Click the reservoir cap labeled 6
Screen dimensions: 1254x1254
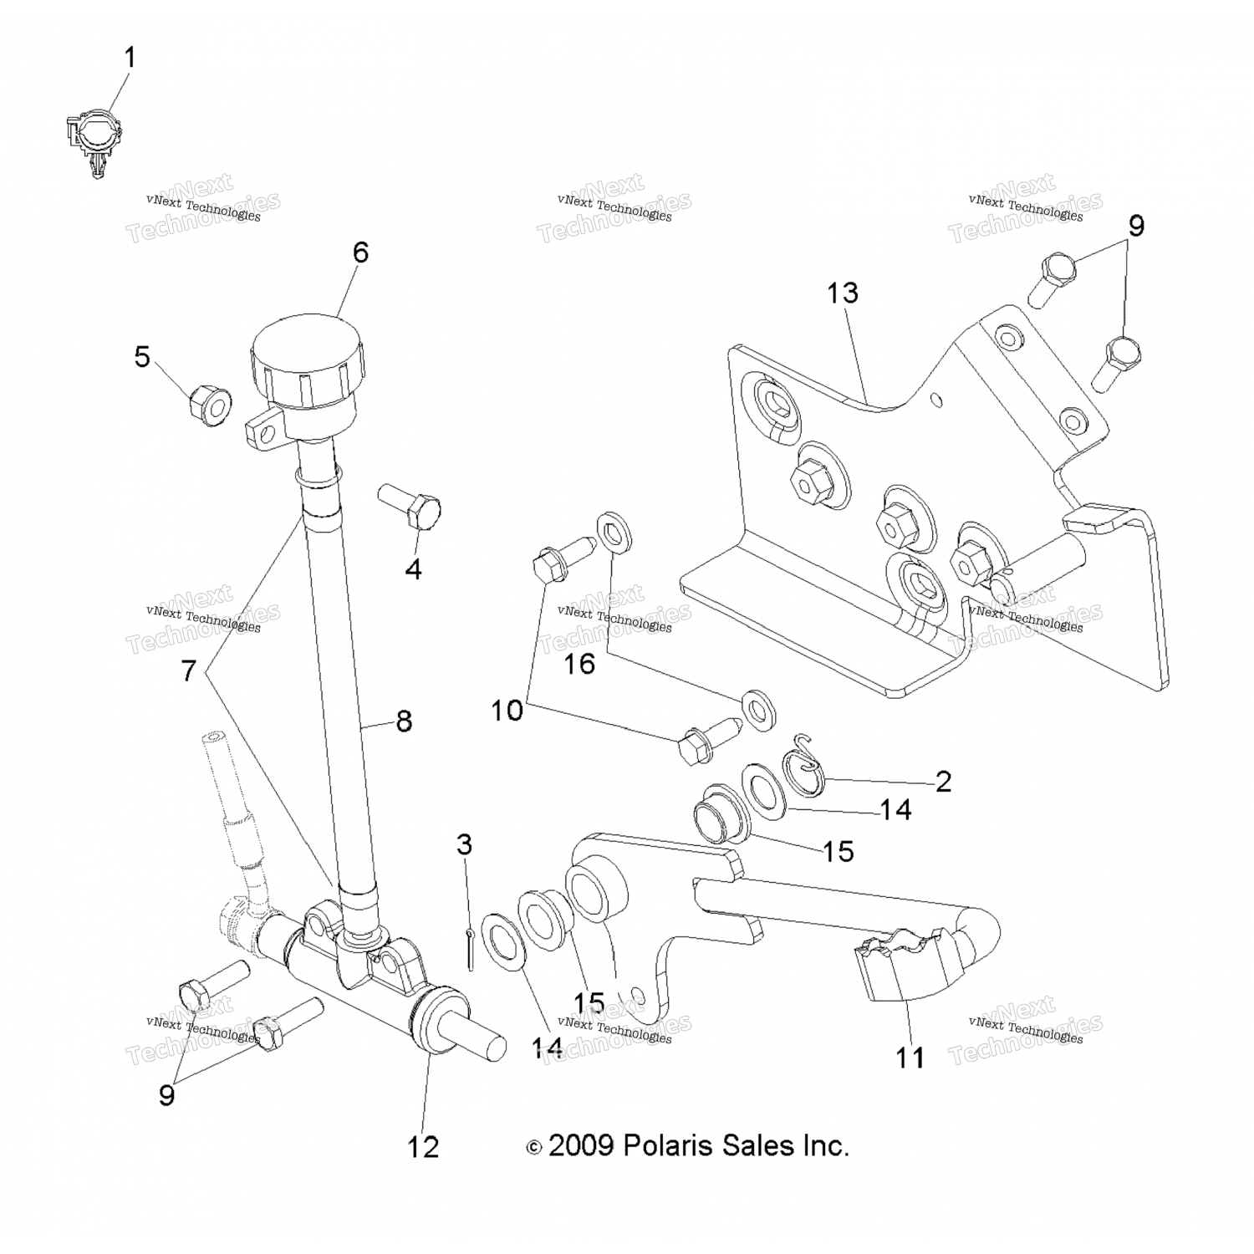click(308, 355)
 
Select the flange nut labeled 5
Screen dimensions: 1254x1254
click(207, 405)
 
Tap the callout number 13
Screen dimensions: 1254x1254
click(843, 293)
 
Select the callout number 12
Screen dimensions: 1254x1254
click(423, 1147)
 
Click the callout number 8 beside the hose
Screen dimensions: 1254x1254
click(404, 721)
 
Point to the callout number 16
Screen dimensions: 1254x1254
click(579, 664)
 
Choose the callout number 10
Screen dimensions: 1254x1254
click(507, 711)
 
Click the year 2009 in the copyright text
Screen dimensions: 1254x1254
click(581, 1145)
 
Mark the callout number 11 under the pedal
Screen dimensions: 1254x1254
click(910, 1058)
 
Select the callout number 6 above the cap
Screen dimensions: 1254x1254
click(360, 252)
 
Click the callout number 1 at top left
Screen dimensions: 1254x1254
click(130, 58)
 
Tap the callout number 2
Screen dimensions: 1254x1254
click(943, 782)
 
